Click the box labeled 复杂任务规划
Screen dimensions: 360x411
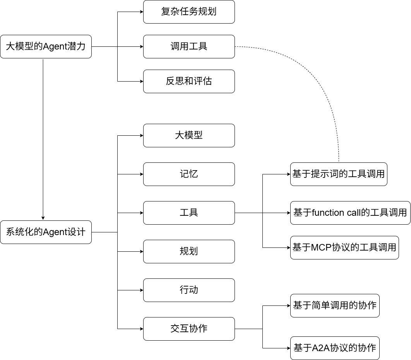point(189,12)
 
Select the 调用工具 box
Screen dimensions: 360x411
point(189,46)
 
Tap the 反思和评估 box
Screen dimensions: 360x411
point(189,81)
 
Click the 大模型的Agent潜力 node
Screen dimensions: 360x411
point(46,46)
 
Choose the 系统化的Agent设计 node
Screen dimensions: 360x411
point(46,232)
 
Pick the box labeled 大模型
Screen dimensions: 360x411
point(189,135)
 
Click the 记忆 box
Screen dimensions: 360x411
point(189,174)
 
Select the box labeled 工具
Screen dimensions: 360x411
point(189,213)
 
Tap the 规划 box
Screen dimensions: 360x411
point(189,251)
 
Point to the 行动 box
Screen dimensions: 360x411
point(189,290)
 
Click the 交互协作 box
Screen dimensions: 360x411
point(189,329)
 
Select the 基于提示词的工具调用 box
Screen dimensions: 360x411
point(339,174)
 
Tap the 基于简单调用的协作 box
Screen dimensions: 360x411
point(335,305)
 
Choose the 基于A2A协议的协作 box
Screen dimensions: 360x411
point(335,348)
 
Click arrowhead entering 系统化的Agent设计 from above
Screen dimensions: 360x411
point(43,218)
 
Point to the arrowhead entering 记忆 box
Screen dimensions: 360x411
point(141,174)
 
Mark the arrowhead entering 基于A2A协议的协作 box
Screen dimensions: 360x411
point(288,348)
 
